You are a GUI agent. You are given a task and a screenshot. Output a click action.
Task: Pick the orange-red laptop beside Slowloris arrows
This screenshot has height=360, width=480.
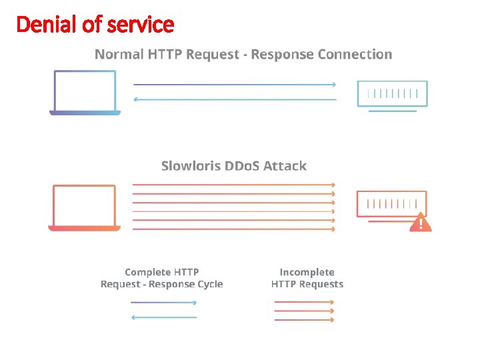pos(85,208)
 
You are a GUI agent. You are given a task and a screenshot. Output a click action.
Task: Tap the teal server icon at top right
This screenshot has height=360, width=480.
pos(393,95)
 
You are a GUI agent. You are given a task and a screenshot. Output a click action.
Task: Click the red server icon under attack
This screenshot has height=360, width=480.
pos(391,205)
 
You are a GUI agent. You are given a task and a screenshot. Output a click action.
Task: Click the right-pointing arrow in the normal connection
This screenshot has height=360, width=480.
pos(235,85)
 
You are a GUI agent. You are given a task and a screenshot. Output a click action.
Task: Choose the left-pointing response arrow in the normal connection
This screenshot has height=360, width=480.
pos(235,99)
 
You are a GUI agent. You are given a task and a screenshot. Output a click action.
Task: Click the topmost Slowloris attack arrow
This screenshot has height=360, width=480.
pos(233,185)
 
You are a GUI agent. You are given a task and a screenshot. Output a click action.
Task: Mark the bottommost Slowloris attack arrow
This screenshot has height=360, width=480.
pos(233,229)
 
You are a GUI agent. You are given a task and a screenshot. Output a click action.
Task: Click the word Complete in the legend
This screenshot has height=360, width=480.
pos(147,272)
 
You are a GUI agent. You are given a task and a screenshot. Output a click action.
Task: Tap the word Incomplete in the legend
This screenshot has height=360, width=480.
pos(307,272)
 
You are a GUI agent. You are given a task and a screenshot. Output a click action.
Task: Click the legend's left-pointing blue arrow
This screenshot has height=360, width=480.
pos(164,317)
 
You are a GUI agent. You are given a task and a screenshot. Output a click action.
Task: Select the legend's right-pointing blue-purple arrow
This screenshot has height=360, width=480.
pos(164,303)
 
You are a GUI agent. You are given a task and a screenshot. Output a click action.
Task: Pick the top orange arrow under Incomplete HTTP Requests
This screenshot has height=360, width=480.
pos(304,302)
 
